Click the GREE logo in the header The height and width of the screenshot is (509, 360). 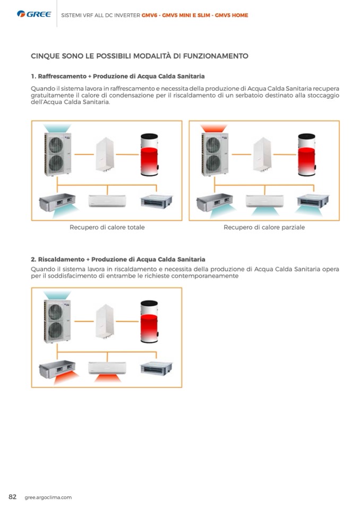coord(34,14)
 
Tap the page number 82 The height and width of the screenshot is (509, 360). coord(12,497)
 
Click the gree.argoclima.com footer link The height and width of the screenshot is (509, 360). coord(48,497)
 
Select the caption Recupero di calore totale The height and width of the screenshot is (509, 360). coord(107,227)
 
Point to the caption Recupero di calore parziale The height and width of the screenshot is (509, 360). coord(264,227)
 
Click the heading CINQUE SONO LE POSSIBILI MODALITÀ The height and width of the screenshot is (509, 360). coord(140,56)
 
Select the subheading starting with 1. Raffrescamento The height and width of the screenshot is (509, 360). coord(117,76)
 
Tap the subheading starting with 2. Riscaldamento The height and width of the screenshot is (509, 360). coord(118,260)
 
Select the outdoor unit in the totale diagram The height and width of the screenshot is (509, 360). coord(57,154)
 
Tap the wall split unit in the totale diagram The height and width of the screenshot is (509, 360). coord(107,201)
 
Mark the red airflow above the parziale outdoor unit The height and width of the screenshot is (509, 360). coord(215,128)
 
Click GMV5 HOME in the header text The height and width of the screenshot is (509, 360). coord(231,15)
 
